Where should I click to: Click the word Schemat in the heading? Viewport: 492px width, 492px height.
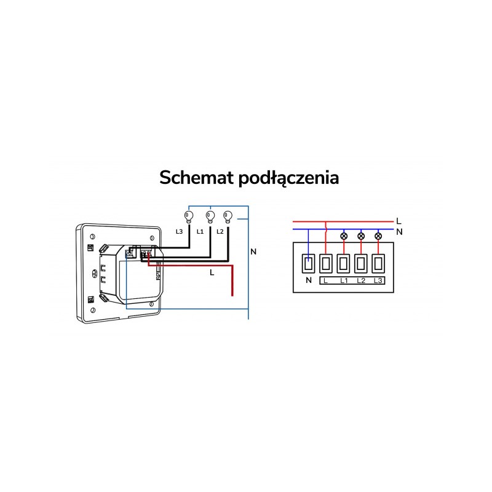[x=197, y=178]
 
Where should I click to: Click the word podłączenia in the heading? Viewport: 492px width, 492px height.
[x=288, y=178]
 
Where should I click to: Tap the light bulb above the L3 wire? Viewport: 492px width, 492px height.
[x=189, y=217]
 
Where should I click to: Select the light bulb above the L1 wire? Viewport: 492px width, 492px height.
[x=210, y=217]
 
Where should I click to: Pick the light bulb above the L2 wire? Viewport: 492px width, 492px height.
[x=228, y=217]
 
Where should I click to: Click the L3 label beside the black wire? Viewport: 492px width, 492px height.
[x=179, y=232]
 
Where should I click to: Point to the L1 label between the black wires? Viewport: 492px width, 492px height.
[x=200, y=232]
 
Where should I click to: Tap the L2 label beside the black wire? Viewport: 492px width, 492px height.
[x=220, y=232]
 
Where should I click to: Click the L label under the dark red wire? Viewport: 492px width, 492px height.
[x=212, y=272]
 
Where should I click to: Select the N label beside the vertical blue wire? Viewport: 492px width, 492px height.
[x=253, y=252]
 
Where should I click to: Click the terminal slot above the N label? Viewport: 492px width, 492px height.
[x=309, y=264]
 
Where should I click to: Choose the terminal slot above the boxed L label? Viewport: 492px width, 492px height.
[x=326, y=264]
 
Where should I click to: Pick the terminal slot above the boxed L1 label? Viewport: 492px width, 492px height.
[x=344, y=264]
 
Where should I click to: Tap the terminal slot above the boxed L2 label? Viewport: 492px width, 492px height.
[x=361, y=264]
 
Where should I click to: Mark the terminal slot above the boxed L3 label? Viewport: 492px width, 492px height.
[x=378, y=264]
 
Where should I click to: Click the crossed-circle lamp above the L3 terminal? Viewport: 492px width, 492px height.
[x=378, y=236]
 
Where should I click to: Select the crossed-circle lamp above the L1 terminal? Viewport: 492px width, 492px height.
[x=344, y=236]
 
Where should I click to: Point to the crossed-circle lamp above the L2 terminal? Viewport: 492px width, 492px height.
[x=361, y=236]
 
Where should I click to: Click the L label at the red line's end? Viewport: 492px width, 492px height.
[x=399, y=221]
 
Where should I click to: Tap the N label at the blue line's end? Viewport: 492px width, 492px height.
[x=399, y=232]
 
